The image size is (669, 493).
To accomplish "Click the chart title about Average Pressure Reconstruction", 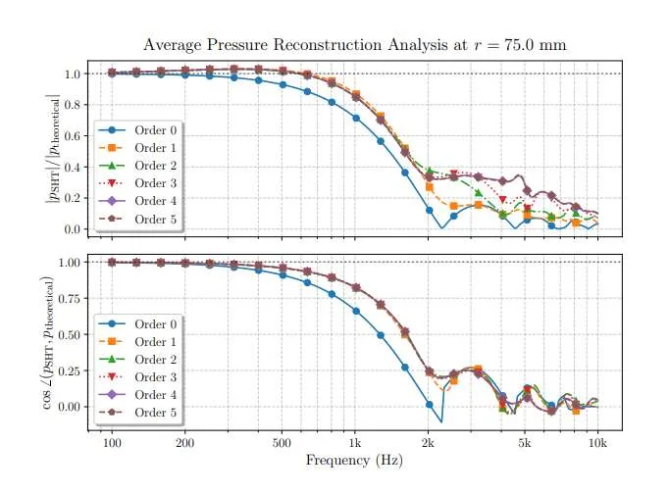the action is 354,45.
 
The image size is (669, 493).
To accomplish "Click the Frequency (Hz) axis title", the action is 354,460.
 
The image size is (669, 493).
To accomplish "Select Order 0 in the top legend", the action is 155,130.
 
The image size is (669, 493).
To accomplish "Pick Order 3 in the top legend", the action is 155,183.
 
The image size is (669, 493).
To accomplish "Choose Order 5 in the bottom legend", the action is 155,413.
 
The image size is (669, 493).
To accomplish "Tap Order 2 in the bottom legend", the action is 155,360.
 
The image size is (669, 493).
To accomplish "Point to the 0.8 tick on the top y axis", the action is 73,105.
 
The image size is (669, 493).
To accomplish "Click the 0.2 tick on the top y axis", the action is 73,198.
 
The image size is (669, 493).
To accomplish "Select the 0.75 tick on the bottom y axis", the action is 69,298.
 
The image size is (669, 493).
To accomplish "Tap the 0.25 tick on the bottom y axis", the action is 69,370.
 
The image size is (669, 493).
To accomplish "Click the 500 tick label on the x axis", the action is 282,443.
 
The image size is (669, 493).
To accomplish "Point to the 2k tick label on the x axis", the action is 429,443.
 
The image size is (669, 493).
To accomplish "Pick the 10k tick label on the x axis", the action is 597,443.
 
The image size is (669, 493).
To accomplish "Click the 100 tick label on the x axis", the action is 112,443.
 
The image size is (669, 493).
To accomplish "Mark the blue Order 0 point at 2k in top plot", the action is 430,211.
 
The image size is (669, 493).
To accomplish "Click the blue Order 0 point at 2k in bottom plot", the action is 430,404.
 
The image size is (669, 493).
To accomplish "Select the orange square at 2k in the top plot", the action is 430,187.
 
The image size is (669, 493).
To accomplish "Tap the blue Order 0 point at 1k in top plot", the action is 356,119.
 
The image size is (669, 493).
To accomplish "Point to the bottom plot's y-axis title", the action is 49,342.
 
